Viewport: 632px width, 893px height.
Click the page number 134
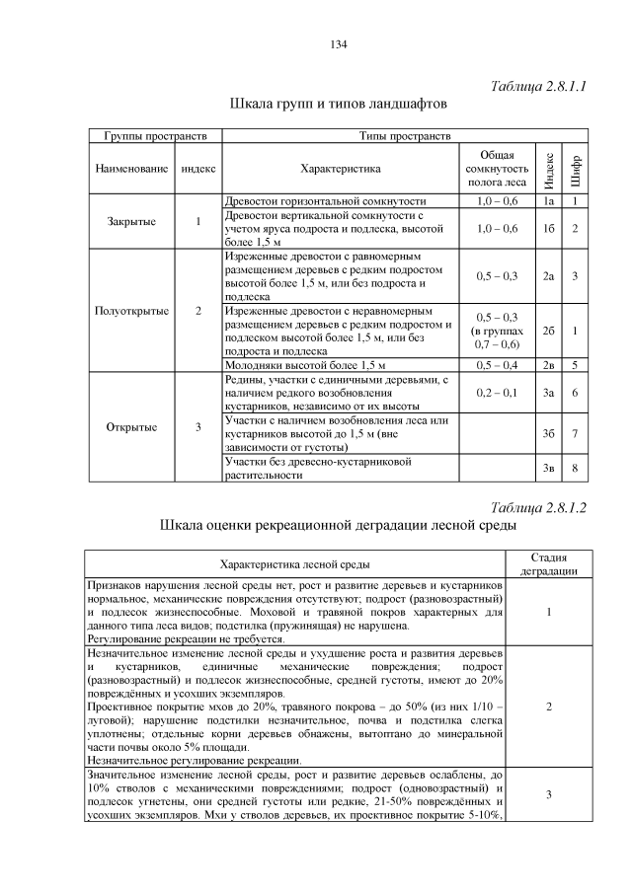point(336,45)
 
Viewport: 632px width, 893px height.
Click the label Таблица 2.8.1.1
point(538,86)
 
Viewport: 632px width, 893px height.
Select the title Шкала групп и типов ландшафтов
point(339,104)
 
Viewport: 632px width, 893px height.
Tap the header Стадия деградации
point(548,564)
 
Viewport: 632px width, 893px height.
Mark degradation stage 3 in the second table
point(548,794)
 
